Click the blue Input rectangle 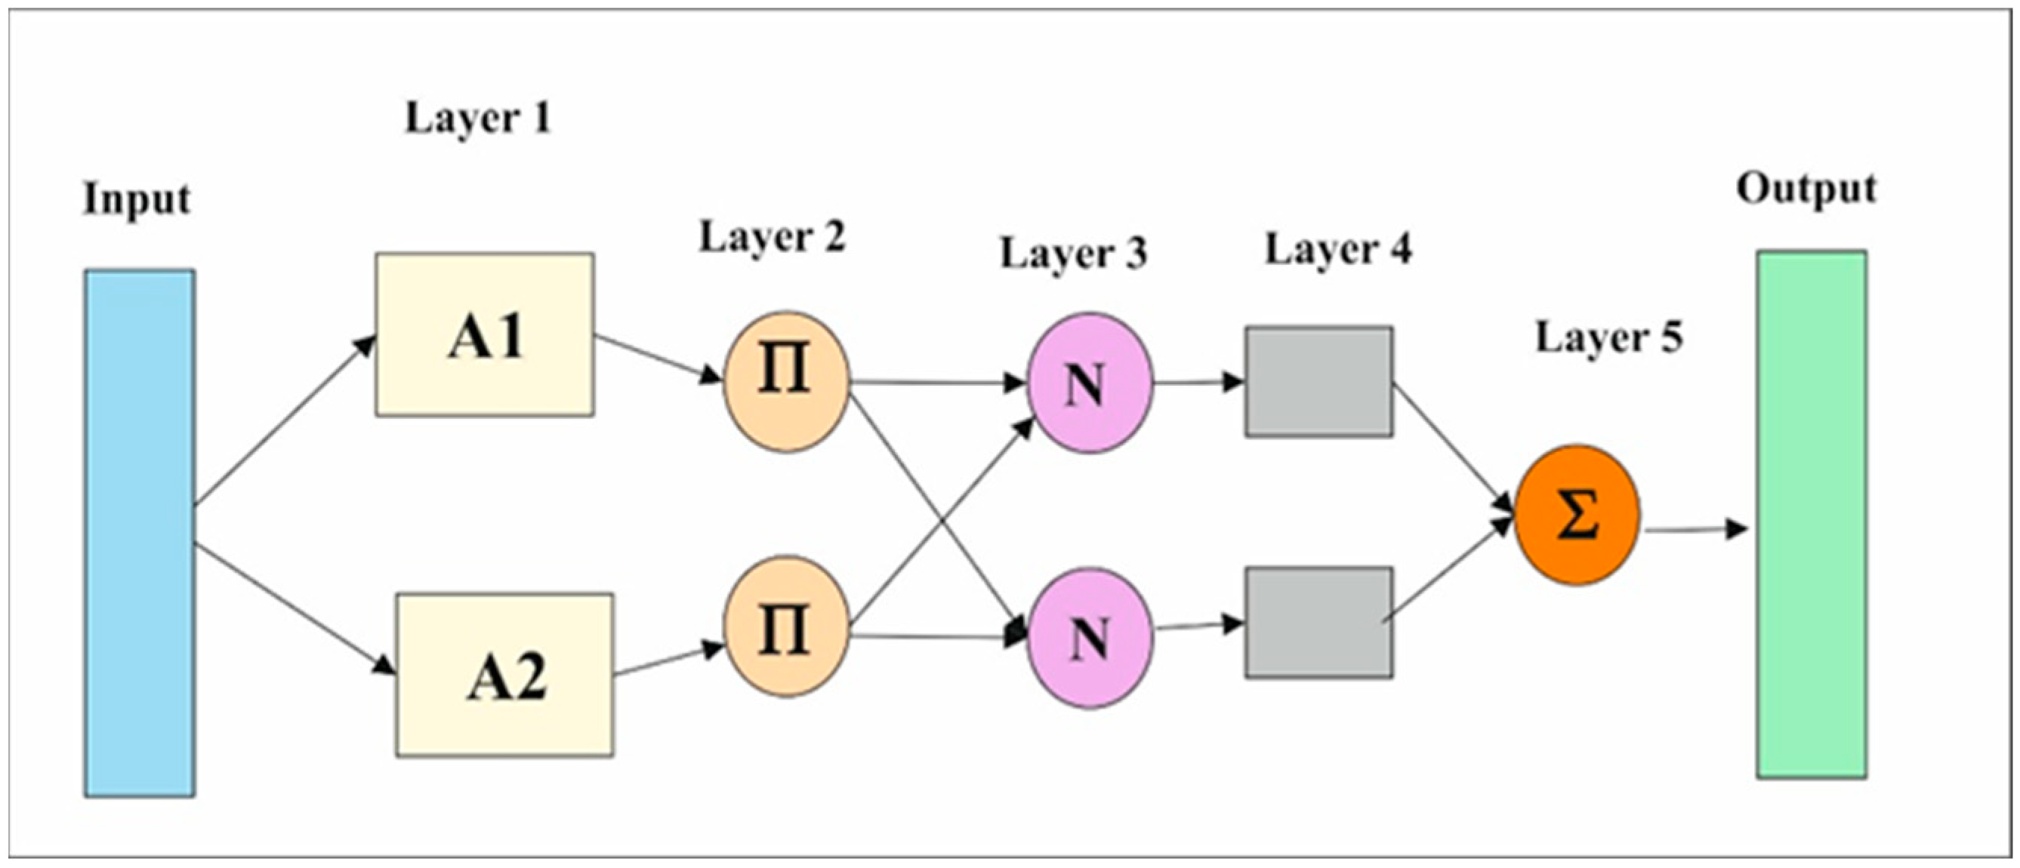click(x=140, y=533)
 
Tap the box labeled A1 click(x=485, y=335)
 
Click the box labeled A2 click(x=505, y=675)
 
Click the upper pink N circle click(x=1089, y=383)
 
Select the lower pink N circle click(x=1090, y=638)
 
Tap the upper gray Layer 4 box click(x=1319, y=382)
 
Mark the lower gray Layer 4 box click(x=1319, y=623)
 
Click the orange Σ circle click(x=1577, y=516)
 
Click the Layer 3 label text click(x=1074, y=254)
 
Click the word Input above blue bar click(x=137, y=199)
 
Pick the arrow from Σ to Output click(x=1694, y=530)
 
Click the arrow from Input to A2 click(x=294, y=608)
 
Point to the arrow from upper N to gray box click(x=1198, y=383)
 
